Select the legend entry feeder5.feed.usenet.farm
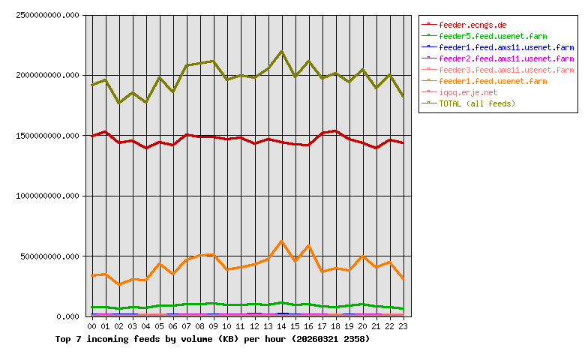coord(493,35)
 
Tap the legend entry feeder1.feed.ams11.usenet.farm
coord(506,46)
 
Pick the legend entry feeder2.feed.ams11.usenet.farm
coord(506,58)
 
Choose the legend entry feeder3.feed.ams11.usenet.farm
coord(506,69)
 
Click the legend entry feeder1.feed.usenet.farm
coord(493,80)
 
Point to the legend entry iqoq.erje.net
coord(468,91)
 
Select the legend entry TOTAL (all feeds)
coord(477,103)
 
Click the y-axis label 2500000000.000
coord(46,15)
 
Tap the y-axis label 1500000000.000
coord(46,136)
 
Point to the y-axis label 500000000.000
coord(49,256)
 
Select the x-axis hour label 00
coord(92,327)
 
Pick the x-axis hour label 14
coord(281,327)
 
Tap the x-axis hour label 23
coord(403,327)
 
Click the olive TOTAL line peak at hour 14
coord(281,52)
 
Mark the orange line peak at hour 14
coord(281,241)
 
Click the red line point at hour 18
coord(335,131)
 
